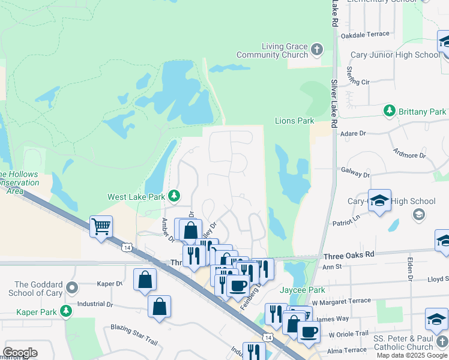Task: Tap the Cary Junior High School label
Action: click(x=394, y=55)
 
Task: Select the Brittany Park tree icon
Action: click(x=390, y=111)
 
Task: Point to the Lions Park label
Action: click(x=294, y=121)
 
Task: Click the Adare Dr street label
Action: click(x=353, y=135)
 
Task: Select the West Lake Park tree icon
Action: click(x=173, y=196)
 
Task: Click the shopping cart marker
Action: click(x=101, y=227)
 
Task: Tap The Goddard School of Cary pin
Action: click(x=73, y=289)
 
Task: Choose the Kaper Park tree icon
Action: click(x=65, y=311)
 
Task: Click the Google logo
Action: click(x=20, y=353)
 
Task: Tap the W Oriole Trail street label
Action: click(x=348, y=334)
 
